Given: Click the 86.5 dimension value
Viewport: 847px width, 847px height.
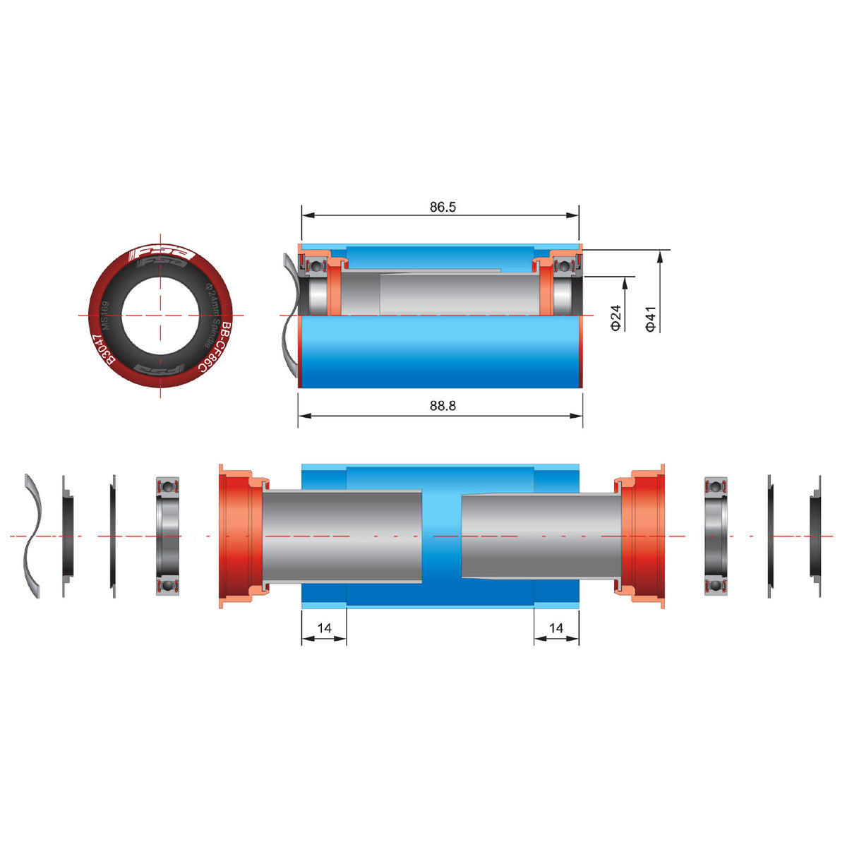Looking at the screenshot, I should (443, 207).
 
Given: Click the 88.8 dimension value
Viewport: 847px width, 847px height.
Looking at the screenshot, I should (443, 406).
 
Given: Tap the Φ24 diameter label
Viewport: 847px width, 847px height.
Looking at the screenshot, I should (615, 317).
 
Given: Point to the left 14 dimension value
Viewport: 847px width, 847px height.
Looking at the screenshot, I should (324, 627).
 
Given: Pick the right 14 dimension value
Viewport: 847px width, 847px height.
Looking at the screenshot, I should (556, 627).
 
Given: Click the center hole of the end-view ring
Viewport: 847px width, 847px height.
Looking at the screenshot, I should (161, 315).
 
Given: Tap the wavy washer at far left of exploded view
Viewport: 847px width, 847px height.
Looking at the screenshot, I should (32, 536).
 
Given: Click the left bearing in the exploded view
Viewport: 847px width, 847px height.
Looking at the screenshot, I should (167, 536).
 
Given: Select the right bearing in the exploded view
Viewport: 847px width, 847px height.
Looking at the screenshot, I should (716, 536).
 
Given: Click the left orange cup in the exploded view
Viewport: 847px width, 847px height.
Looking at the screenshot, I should (236, 536).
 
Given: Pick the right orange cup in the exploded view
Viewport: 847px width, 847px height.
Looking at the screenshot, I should (644, 536).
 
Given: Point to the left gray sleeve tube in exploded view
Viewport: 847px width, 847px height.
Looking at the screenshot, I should (342, 536).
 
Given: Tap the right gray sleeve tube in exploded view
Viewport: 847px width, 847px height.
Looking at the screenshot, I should (540, 536).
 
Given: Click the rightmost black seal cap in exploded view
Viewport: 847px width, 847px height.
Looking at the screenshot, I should (815, 536).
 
